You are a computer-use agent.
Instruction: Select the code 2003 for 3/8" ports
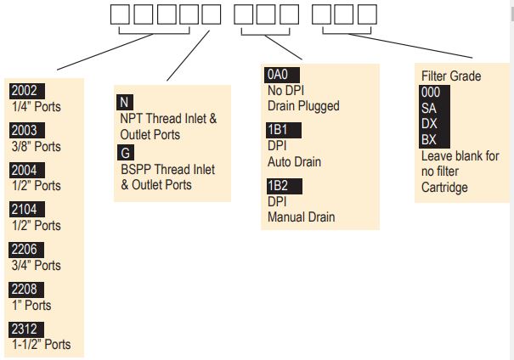click(25, 131)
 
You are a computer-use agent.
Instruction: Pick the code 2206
click(25, 250)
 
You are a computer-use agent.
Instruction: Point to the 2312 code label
click(25, 329)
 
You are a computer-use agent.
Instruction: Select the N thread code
click(125, 103)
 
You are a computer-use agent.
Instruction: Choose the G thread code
click(126, 153)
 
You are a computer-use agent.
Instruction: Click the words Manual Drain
click(302, 217)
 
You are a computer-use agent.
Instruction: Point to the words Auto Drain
click(294, 161)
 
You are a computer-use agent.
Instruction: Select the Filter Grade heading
click(451, 76)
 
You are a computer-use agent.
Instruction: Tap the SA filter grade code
click(431, 108)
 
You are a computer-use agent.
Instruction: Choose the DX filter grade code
click(431, 124)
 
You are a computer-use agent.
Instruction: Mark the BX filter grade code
click(431, 140)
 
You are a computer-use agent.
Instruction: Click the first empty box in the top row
click(121, 14)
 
